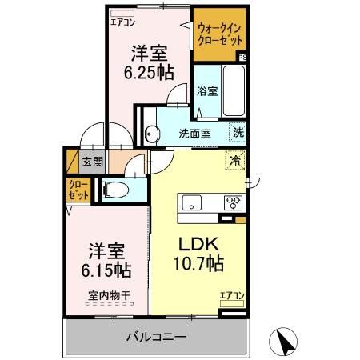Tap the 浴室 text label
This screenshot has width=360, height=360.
(206, 90)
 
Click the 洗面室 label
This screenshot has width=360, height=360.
(194, 134)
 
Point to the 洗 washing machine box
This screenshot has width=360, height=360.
(238, 133)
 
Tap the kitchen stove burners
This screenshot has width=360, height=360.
(234, 201)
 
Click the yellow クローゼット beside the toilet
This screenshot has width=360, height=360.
(78, 190)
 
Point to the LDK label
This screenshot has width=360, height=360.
(198, 242)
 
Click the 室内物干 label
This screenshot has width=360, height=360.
(110, 295)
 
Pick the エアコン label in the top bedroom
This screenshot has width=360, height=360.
(122, 22)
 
